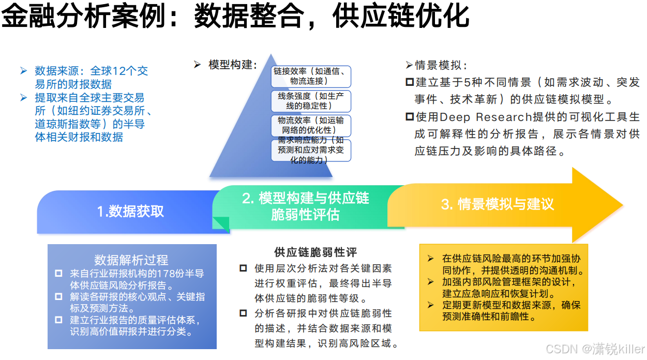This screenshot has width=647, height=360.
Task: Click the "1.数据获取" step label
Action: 130,211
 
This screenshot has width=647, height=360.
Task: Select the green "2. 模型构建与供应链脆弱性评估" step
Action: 305,206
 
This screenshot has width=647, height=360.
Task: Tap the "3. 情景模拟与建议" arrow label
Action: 497,204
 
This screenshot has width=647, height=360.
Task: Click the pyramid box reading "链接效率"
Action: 310,76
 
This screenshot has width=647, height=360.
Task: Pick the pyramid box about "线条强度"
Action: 310,101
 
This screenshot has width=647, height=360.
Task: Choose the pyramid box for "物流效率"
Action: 310,125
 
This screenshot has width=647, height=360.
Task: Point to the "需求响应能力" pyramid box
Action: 310,150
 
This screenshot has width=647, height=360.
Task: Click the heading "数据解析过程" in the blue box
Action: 131,260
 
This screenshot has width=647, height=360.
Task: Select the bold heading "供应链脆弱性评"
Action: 315,252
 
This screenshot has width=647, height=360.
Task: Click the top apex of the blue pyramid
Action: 269,54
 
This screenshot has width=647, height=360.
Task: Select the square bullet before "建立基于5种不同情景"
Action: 410,82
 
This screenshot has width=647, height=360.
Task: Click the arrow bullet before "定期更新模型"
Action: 430,305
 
